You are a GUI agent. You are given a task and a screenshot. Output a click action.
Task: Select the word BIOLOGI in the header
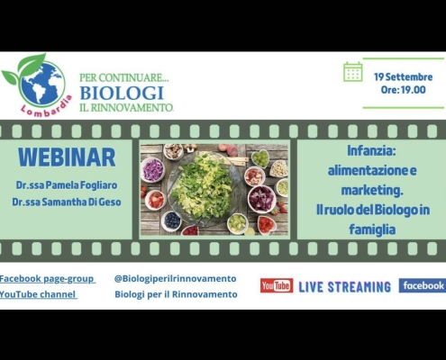(122, 93)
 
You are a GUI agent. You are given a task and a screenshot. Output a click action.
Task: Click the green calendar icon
(352, 72)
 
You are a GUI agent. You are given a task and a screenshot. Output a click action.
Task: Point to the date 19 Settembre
(403, 76)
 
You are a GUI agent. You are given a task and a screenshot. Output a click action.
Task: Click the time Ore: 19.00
(403, 90)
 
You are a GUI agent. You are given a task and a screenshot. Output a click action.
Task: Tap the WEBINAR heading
(67, 157)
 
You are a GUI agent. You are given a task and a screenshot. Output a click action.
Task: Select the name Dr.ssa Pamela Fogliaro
(67, 185)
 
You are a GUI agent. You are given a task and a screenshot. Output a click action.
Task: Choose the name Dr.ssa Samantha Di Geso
(67, 202)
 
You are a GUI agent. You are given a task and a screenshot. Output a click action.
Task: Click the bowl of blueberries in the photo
(171, 220)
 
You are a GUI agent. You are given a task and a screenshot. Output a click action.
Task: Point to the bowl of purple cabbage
(153, 169)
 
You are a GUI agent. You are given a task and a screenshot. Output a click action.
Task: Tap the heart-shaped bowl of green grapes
(260, 157)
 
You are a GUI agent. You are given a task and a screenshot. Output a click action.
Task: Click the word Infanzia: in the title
(372, 151)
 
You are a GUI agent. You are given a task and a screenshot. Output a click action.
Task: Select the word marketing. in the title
(372, 190)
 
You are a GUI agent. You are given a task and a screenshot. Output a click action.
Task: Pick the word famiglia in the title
(372, 229)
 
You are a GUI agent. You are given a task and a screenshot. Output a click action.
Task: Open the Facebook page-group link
(47, 279)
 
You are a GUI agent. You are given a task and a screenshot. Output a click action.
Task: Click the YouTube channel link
(38, 294)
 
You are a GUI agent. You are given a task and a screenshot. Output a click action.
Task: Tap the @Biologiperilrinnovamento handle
(175, 278)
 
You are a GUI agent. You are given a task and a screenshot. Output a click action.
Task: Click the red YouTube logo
(277, 285)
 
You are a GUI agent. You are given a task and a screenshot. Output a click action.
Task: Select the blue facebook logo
(423, 285)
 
